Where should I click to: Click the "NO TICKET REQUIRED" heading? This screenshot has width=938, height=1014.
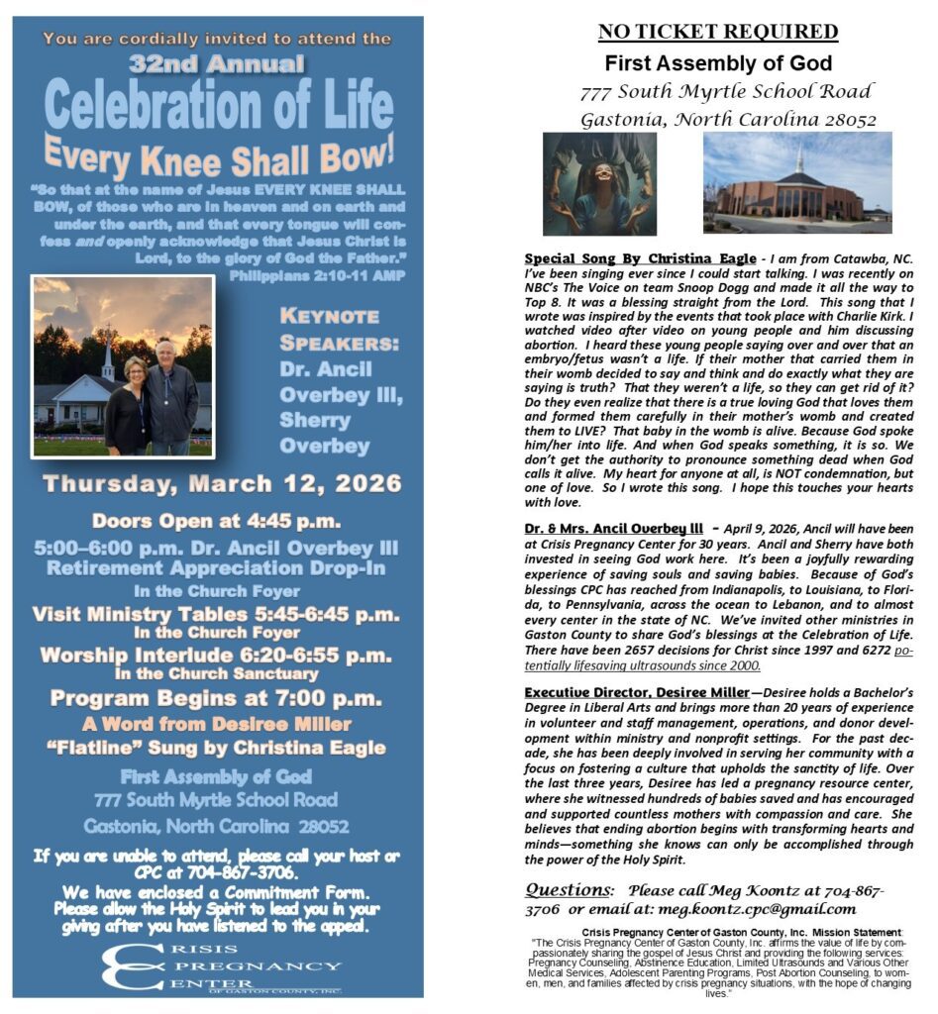718,32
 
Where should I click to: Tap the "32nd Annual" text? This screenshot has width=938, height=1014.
217,65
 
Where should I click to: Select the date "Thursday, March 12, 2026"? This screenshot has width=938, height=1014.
222,484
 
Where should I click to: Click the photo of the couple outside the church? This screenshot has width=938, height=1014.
123,366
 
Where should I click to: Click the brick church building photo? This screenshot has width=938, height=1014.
796,183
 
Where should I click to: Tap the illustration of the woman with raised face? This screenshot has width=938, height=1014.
599,183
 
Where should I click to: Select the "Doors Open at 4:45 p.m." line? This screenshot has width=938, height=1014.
216,521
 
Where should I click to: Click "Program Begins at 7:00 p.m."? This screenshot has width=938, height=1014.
217,698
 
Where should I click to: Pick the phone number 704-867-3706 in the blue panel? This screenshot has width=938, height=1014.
255,872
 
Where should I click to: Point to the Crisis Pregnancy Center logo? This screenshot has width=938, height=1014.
222,965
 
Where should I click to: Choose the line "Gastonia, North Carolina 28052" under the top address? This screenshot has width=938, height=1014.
728,120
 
